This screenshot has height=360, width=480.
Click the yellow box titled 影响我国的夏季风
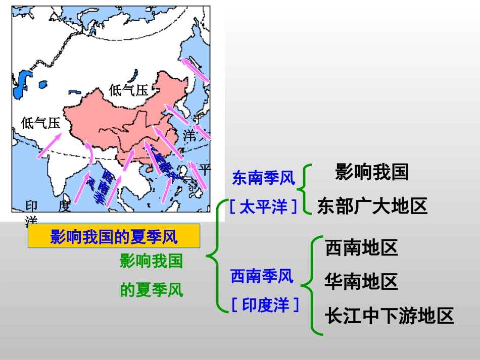tap(113, 237)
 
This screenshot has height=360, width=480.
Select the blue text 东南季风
tap(263, 178)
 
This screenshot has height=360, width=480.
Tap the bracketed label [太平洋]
tap(263, 207)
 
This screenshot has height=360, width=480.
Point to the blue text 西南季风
tap(262, 276)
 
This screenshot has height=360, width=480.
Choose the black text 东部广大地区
tap(372, 206)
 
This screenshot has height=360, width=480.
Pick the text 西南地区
tap(361, 247)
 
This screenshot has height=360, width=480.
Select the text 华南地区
tap(361, 281)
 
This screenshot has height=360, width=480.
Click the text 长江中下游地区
tap(389, 316)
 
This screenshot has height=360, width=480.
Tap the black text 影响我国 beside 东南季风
tap(371, 172)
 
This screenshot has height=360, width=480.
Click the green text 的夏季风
tap(151, 290)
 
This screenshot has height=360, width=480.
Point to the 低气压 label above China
tap(129, 90)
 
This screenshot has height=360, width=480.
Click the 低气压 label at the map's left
tap(40, 123)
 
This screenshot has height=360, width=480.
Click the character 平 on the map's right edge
tap(205, 169)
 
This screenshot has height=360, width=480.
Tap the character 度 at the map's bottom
tap(64, 206)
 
